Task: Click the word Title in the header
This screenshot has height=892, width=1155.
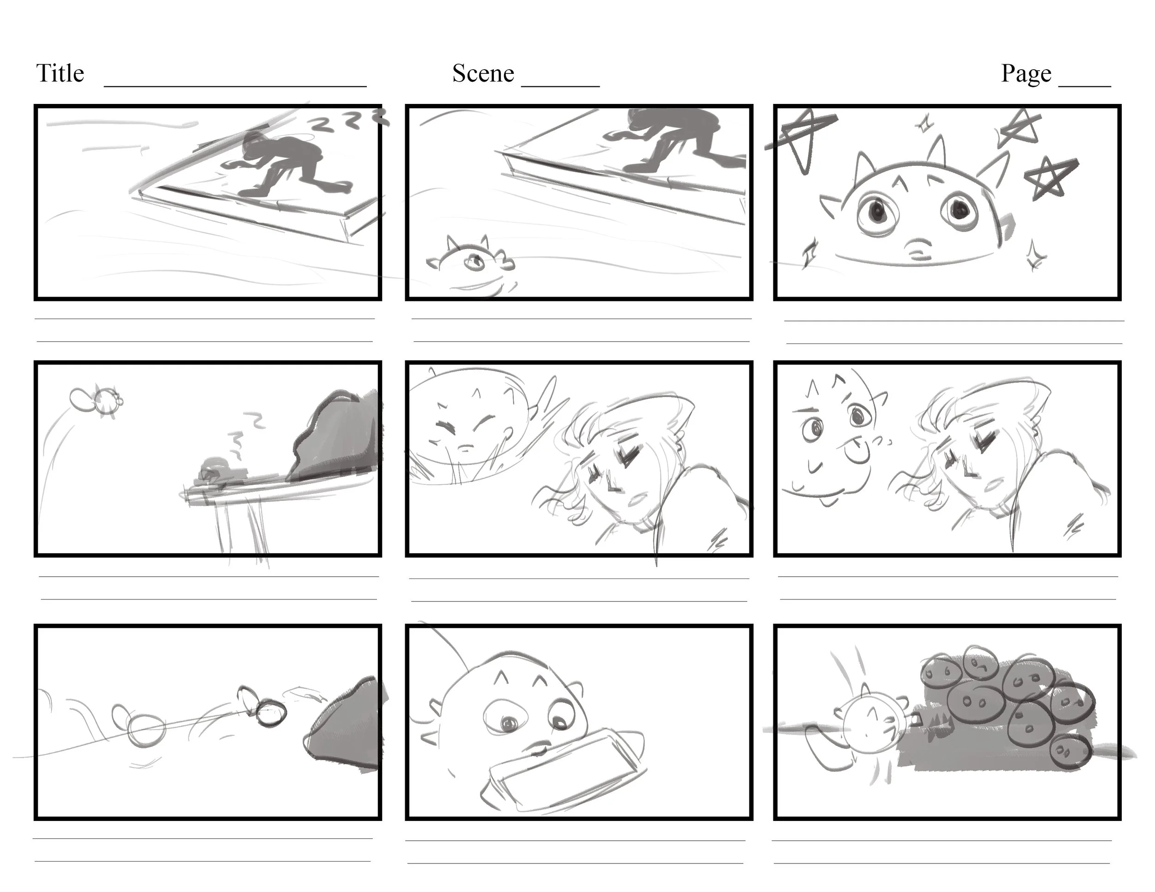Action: [x=60, y=73]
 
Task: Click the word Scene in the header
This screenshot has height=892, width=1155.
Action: [x=483, y=73]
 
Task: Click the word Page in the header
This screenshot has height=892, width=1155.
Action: [x=1026, y=73]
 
